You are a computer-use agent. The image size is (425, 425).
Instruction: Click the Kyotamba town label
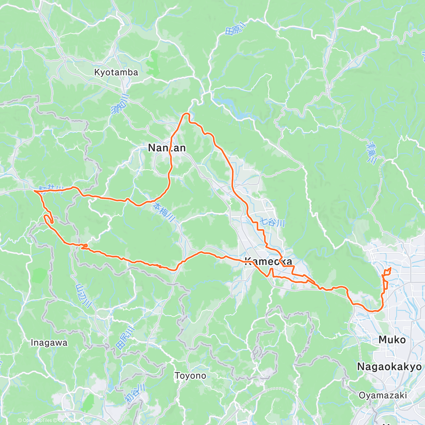(116, 72)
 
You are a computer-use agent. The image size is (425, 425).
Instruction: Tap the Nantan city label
(166, 148)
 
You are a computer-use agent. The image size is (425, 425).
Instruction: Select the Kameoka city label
(269, 261)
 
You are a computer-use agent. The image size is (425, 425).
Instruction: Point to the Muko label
(392, 340)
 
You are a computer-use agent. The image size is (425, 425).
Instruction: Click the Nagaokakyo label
(389, 366)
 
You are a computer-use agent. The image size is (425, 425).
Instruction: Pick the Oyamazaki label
(383, 395)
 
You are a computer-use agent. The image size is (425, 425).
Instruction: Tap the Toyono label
(191, 375)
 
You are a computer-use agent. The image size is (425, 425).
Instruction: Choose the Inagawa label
(49, 343)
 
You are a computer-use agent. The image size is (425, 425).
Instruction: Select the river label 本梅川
(164, 212)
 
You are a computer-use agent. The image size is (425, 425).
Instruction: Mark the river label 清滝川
(372, 152)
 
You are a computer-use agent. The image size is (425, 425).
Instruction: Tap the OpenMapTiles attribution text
(37, 420)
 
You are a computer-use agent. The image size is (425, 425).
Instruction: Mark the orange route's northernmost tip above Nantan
(186, 114)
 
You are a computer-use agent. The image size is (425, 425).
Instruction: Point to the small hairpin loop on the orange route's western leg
(48, 219)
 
